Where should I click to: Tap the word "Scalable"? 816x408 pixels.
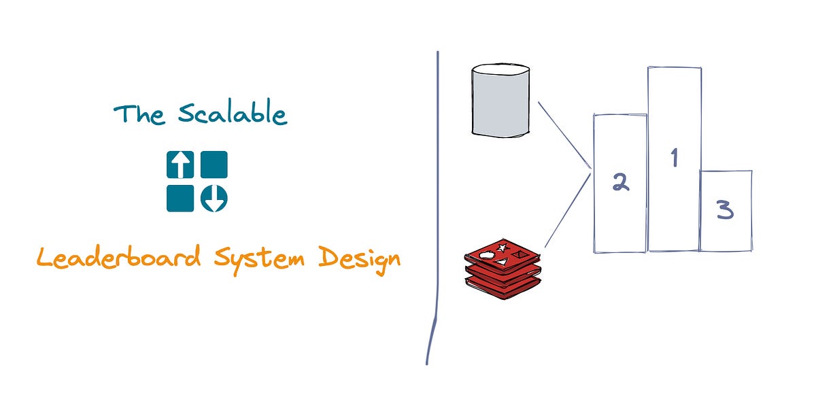click(233, 114)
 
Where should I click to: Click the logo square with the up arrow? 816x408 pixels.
click(180, 165)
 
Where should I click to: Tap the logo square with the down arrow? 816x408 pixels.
click(214, 199)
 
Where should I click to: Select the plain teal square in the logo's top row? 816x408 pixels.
click(214, 165)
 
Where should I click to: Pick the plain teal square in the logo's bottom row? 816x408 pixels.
click(180, 199)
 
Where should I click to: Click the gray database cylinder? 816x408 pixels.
click(500, 102)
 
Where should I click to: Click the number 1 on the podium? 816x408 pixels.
click(675, 158)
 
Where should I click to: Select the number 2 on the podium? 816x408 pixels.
click(619, 182)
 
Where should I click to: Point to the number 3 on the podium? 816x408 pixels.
click(726, 211)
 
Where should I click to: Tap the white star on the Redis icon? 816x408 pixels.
click(504, 247)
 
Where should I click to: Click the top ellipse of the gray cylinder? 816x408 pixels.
click(500, 69)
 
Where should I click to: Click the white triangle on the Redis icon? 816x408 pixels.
click(500, 262)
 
